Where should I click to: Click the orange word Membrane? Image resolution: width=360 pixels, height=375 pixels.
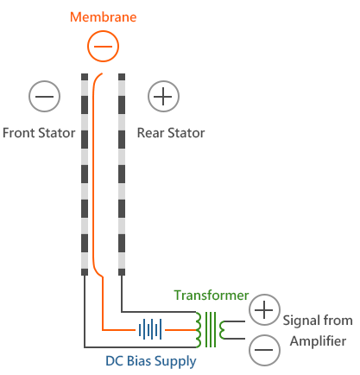coord(103,17)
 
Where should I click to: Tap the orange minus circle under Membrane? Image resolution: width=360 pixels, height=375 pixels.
coord(103,46)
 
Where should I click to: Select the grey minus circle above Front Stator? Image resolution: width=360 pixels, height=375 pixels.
coord(44,96)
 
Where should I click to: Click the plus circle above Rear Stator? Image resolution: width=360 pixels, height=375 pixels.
coord(163,96)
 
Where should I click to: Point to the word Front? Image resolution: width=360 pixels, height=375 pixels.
coord(19,133)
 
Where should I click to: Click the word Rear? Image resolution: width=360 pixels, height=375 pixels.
coord(150,133)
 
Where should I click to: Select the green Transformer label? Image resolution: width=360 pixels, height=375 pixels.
coord(212,296)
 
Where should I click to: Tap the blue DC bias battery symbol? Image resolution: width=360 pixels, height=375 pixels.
coord(150,329)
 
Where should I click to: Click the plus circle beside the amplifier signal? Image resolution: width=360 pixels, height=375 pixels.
coord(264,310)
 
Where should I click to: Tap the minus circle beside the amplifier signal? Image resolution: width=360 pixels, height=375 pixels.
coord(264,350)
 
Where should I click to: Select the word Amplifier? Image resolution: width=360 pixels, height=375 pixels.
coord(318,341)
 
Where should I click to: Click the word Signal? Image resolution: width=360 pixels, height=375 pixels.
coord(301,321)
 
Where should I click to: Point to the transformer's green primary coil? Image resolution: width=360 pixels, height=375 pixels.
coord(199,329)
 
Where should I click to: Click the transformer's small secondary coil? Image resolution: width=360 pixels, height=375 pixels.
coord(222,330)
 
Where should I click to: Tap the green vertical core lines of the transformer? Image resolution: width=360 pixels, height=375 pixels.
coord(211,329)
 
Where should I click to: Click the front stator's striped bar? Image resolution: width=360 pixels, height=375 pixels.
coord(85,175)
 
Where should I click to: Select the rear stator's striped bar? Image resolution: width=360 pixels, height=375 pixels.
coord(122,175)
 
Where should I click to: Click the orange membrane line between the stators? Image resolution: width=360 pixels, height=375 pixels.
coord(93,175)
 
